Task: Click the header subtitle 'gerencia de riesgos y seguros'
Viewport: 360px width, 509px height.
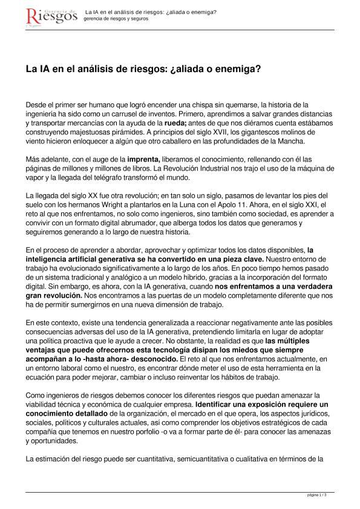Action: pos(116,19)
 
